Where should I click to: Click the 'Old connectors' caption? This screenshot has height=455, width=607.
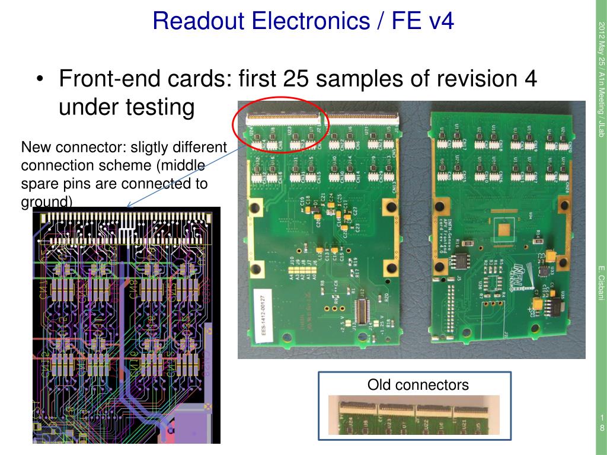[x=418, y=385]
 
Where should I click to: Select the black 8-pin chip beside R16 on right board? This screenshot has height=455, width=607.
[x=461, y=261]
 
